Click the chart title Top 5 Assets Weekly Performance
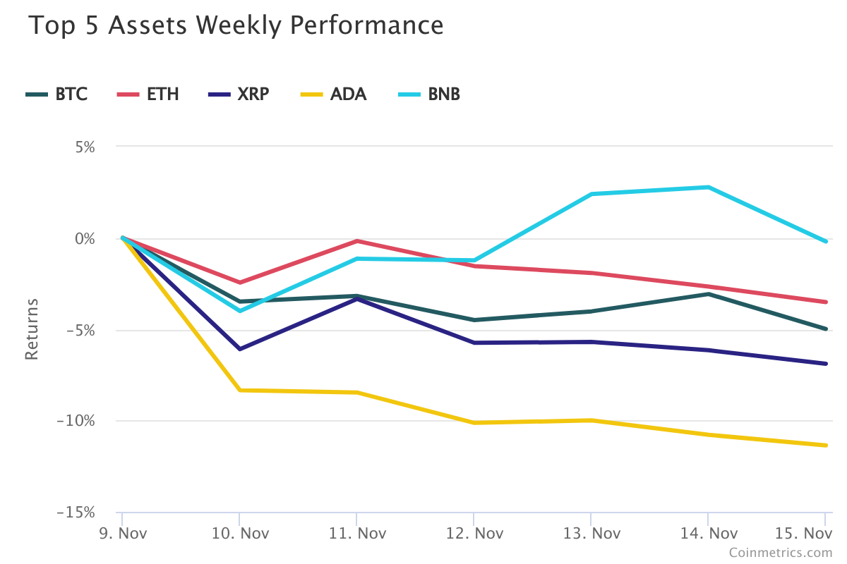[x=236, y=26]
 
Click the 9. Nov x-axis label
[x=122, y=533]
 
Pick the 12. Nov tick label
[x=474, y=533]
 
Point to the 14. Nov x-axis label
[x=708, y=533]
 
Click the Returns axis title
[x=31, y=329]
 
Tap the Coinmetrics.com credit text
[x=781, y=553]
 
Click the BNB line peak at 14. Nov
[x=708, y=187]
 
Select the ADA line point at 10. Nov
[x=239, y=390]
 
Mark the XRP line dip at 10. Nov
[x=239, y=349]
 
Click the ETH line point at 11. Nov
[x=356, y=241]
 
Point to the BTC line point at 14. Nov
[x=708, y=294]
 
